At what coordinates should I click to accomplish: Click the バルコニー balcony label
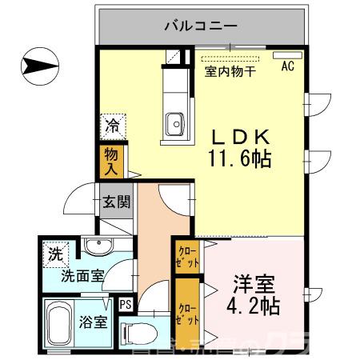(201, 26)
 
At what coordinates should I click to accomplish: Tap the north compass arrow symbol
(38, 65)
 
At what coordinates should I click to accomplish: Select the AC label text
(286, 67)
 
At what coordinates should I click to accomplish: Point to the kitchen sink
(175, 123)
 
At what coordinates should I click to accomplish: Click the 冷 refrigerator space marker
(113, 126)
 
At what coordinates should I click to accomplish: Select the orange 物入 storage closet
(110, 161)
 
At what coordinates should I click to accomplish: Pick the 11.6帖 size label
(239, 158)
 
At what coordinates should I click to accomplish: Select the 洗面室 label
(82, 277)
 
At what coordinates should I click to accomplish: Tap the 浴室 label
(94, 324)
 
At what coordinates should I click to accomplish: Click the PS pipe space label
(126, 304)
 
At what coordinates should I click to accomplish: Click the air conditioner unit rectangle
(286, 55)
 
